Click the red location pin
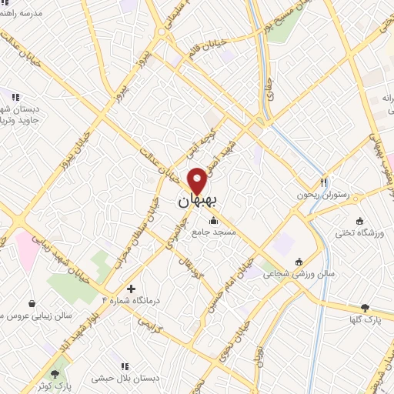coord(197,181)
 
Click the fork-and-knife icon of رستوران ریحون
coord(324,183)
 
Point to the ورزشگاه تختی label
coord(356,232)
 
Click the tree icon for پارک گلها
coord(375,308)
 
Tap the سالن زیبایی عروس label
coord(35,316)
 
